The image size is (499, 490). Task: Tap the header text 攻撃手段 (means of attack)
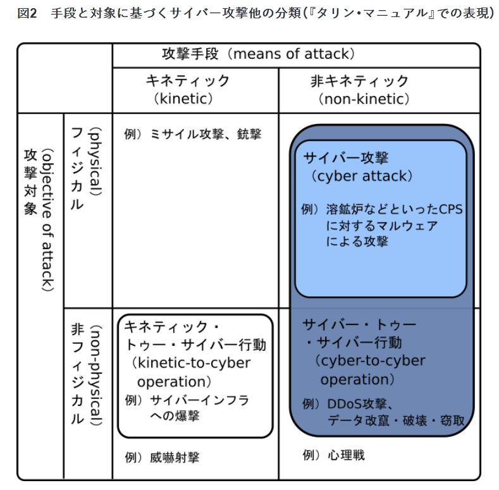click(258, 54)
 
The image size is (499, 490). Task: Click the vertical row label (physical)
click(96, 161)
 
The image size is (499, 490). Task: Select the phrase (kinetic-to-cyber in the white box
click(192, 364)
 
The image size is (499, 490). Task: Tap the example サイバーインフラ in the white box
click(199, 400)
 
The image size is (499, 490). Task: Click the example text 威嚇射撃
click(175, 458)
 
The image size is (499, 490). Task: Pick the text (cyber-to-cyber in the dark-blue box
click(371, 361)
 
